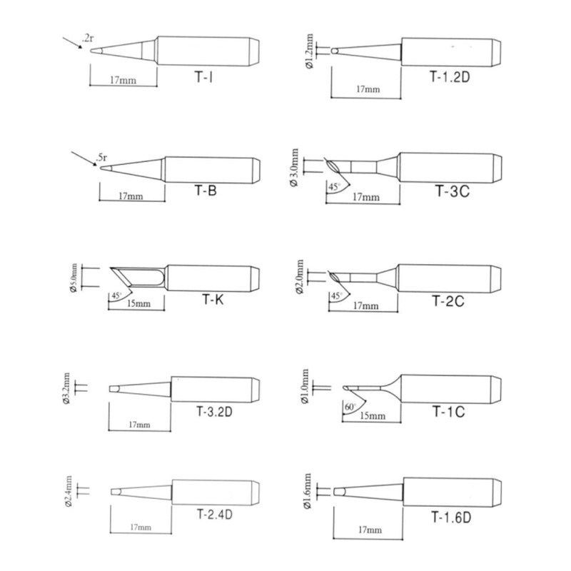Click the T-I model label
point(204,77)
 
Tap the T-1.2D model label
point(450,76)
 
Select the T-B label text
point(206,190)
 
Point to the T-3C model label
point(453,191)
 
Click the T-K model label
point(213,299)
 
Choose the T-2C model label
point(448,301)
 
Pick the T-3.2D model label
point(214,412)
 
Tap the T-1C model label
point(448,412)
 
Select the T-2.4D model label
point(215,514)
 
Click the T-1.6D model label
point(451,517)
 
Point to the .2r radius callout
point(88,38)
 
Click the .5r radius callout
point(101,158)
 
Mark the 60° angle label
point(350,407)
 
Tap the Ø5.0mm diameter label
point(74,278)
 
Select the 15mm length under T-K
point(138,303)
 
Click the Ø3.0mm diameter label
point(294,168)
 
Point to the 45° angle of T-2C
point(335,296)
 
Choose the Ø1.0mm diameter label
point(305,386)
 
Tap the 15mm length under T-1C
point(372,415)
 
